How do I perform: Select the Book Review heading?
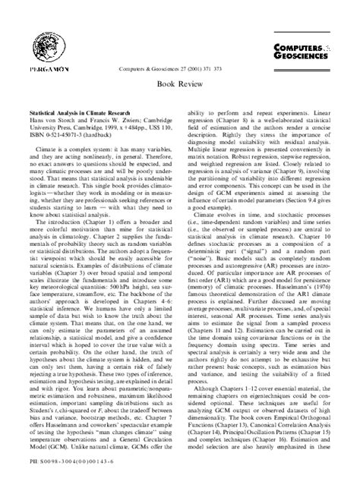179,87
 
